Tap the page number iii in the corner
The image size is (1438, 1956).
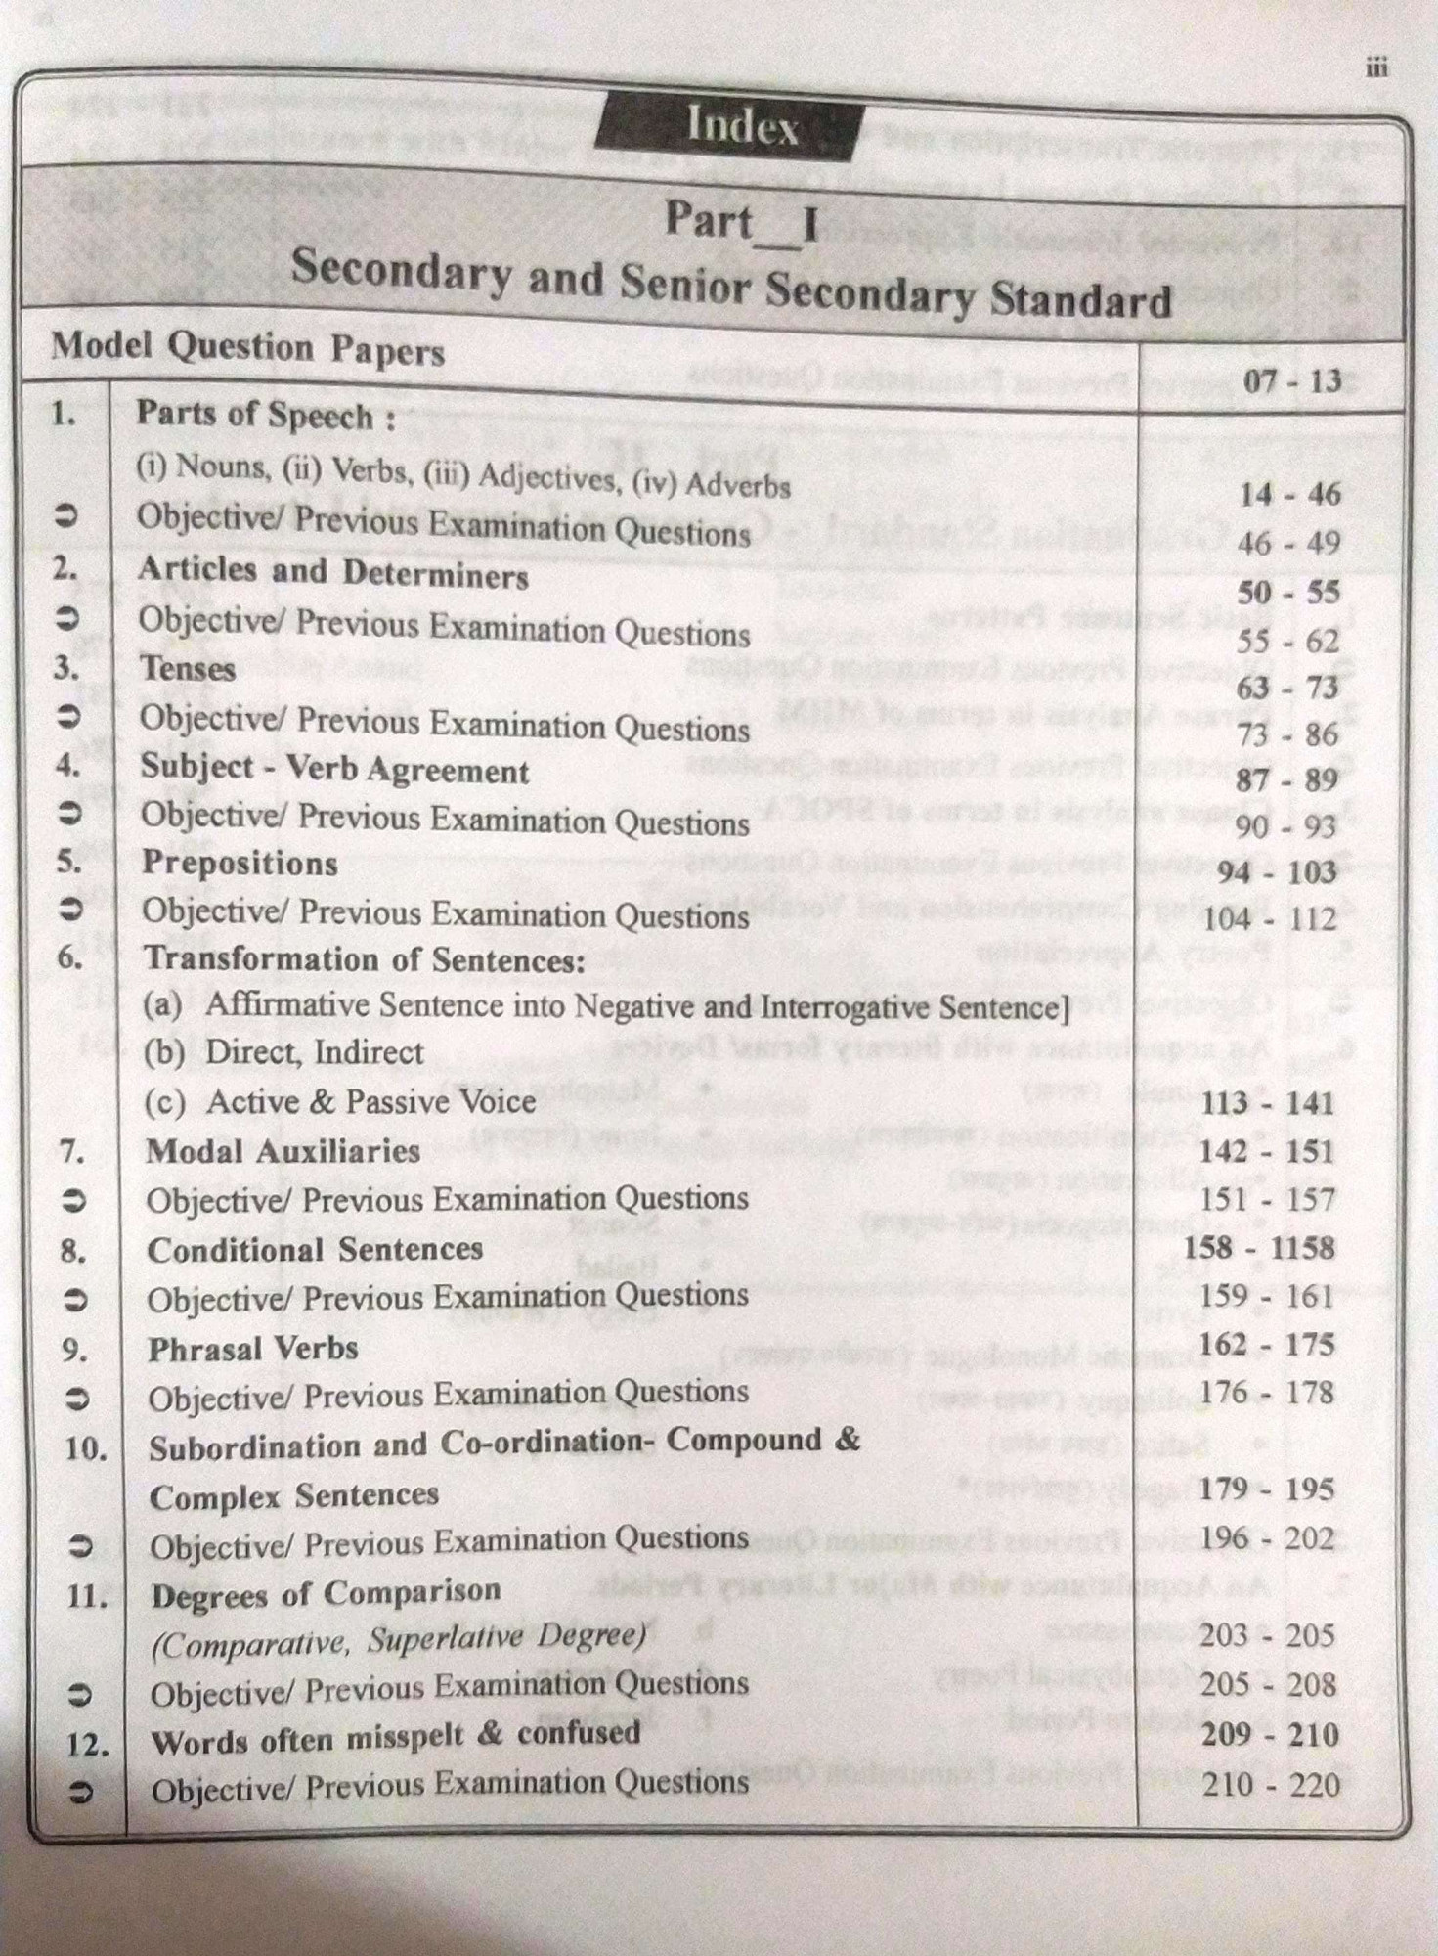coord(1375,67)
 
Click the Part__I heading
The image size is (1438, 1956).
coord(741,222)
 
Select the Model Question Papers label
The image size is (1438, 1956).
coord(247,347)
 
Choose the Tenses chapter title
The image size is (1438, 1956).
coord(188,669)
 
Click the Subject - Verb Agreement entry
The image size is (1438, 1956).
coord(334,769)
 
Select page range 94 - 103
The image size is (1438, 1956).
coord(1278,871)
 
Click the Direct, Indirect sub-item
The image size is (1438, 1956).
coord(283,1052)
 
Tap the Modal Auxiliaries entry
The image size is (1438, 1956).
coord(283,1151)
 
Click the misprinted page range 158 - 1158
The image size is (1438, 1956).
coord(1258,1247)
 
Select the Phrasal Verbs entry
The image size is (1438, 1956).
coord(252,1349)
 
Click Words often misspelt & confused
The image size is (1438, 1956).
coord(395,1737)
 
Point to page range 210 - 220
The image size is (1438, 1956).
coord(1270,1785)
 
